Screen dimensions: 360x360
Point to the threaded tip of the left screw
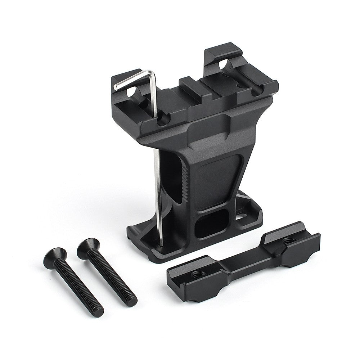pos(98,312)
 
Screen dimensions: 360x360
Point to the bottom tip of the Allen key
pos(161,246)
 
